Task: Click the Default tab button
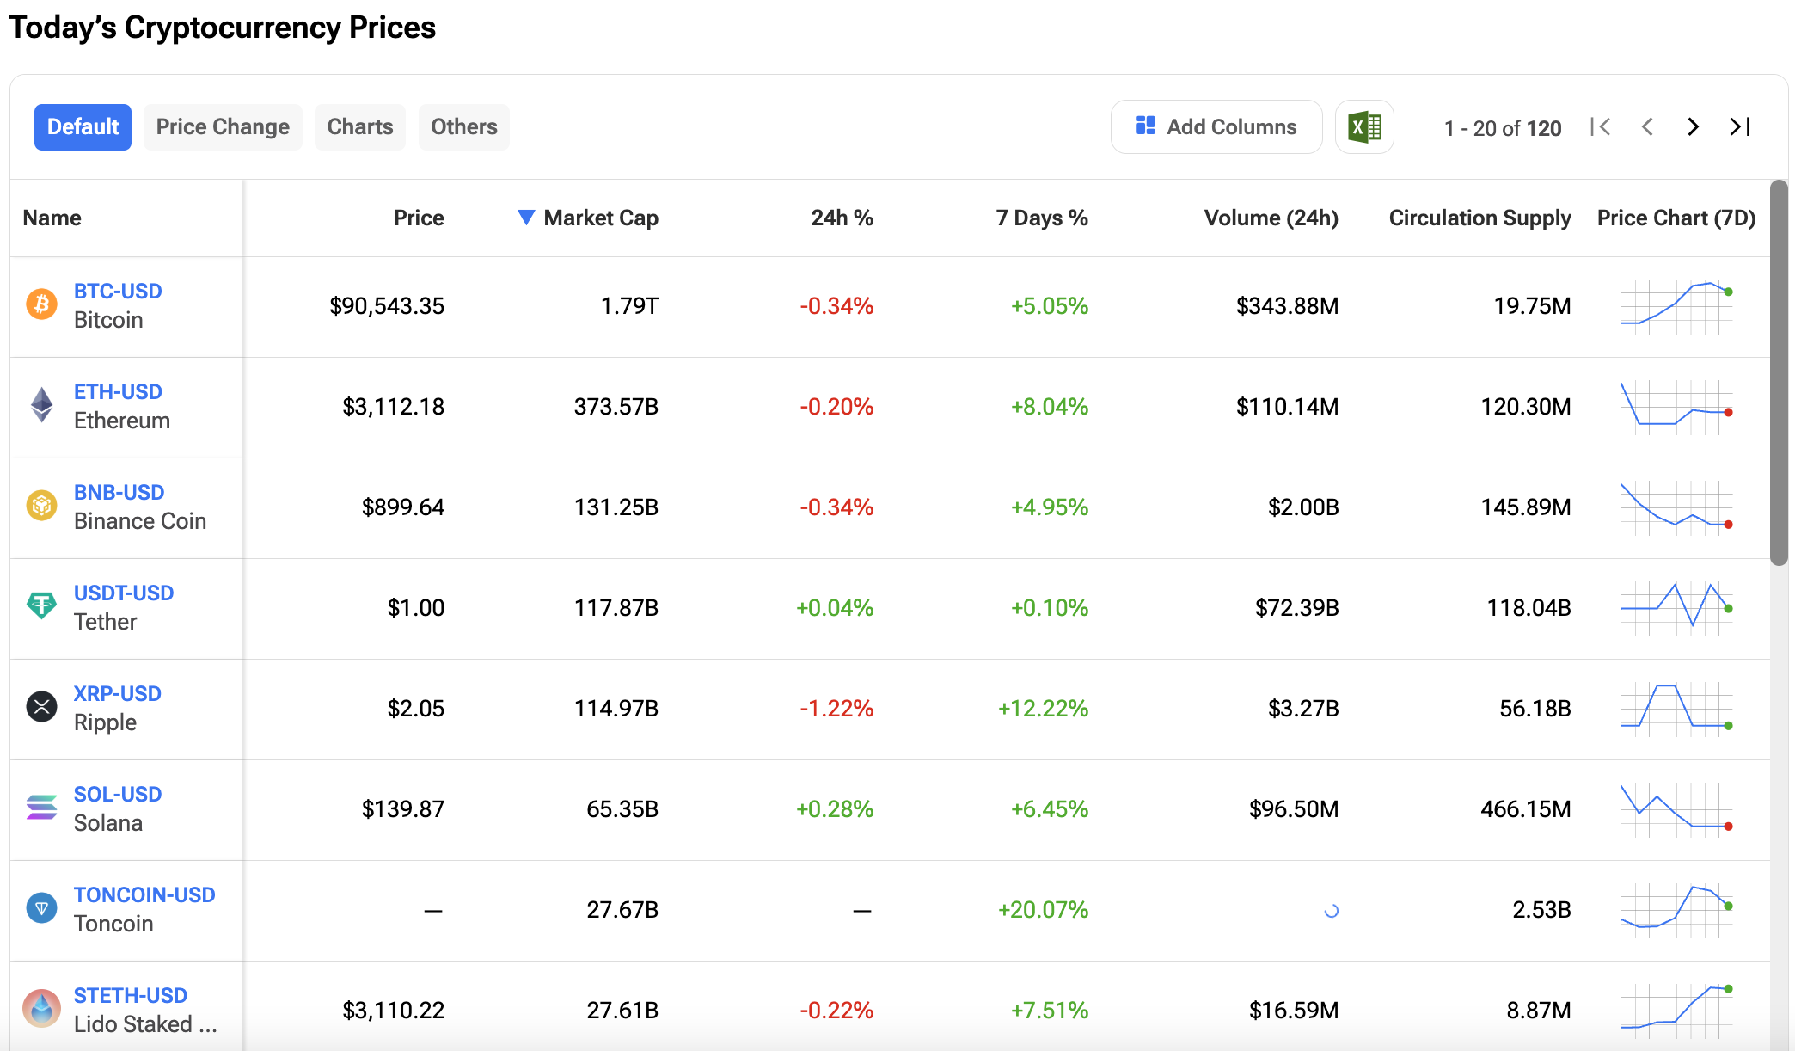[83, 127]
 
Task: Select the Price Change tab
[223, 127]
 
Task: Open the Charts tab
[359, 127]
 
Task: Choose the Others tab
[463, 127]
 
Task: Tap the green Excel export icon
[1364, 127]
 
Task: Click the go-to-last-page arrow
[1740, 127]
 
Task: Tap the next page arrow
[1693, 127]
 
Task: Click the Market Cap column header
[600, 218]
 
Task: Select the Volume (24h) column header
[1271, 218]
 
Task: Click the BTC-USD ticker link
[118, 292]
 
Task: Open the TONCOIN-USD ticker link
[144, 895]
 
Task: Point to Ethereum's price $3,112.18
[393, 407]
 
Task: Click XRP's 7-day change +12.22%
[1043, 709]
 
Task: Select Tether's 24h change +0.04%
[834, 608]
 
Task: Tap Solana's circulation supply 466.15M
[1525, 809]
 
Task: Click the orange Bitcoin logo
[41, 304]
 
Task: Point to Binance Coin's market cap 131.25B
[616, 507]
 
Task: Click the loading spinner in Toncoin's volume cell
[1331, 911]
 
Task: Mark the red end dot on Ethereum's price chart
[1728, 413]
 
